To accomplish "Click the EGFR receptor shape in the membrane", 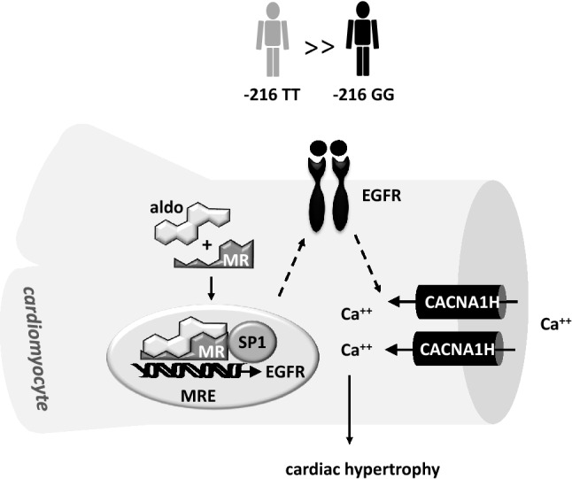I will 326,190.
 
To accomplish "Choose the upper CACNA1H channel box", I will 455,303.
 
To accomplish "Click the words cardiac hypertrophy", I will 349,468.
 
